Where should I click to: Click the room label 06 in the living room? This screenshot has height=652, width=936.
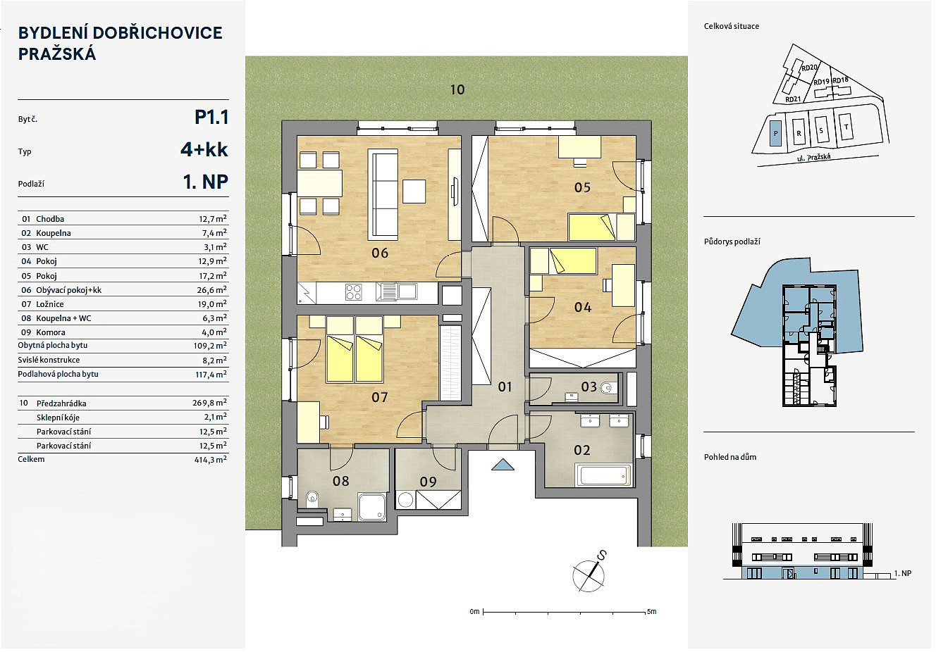pos(380,253)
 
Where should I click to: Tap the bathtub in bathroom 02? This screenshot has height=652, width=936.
pos(603,475)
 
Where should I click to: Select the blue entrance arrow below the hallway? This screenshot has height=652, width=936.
pos(503,465)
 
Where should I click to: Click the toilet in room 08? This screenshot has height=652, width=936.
pos(312,499)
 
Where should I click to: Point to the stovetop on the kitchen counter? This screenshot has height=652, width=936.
pos(354,292)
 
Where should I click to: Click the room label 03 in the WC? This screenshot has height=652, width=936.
pos(589,387)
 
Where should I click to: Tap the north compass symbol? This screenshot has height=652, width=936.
pos(589,575)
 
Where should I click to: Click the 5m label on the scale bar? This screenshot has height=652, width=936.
pos(651,612)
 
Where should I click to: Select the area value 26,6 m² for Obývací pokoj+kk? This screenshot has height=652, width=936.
pos(212,289)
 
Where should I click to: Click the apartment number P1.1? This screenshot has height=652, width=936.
pos(211,118)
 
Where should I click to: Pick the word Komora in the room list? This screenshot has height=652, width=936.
pos(51,332)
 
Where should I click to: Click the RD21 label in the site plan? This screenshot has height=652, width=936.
pos(793,99)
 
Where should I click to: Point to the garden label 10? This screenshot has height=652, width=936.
pos(457,89)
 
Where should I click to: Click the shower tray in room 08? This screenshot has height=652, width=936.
pos(372,507)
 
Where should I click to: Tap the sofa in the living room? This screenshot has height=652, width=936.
pos(382,194)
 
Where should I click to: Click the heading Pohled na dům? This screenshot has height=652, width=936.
pos(730,457)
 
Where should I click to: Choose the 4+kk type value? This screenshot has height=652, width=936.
pos(204,149)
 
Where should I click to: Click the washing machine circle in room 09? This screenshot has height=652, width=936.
pos(405,500)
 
